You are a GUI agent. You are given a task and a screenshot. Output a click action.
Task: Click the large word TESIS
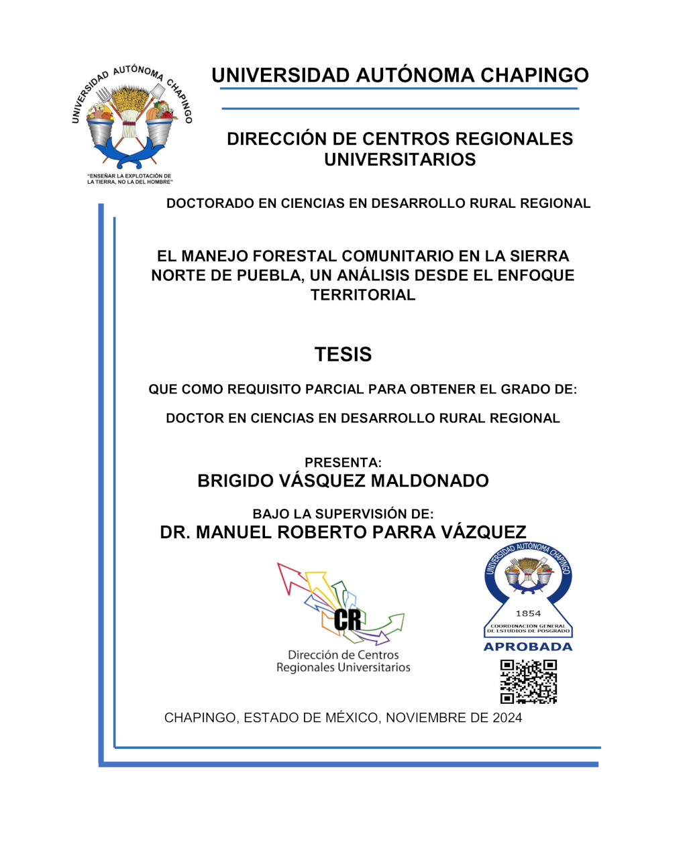pyautogui.click(x=343, y=354)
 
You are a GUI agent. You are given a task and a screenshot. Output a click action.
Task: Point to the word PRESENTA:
pyautogui.click(x=343, y=463)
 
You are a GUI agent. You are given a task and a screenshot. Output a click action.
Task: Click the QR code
pyautogui.click(x=528, y=681)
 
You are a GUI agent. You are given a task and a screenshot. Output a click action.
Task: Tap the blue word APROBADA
pyautogui.click(x=528, y=647)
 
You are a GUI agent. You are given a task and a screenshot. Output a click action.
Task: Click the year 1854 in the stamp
pyautogui.click(x=528, y=613)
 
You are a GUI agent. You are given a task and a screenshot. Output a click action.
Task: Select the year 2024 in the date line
pyautogui.click(x=507, y=718)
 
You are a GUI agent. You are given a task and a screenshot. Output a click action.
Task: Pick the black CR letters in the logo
pyautogui.click(x=347, y=619)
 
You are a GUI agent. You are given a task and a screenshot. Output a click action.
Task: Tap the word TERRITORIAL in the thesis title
pyautogui.click(x=363, y=295)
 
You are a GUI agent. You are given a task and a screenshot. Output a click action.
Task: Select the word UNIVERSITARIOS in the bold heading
pyautogui.click(x=400, y=160)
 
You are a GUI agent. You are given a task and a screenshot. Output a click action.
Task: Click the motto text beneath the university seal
pyautogui.click(x=129, y=179)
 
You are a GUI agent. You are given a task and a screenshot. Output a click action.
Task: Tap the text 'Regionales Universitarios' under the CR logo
pyautogui.click(x=343, y=668)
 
